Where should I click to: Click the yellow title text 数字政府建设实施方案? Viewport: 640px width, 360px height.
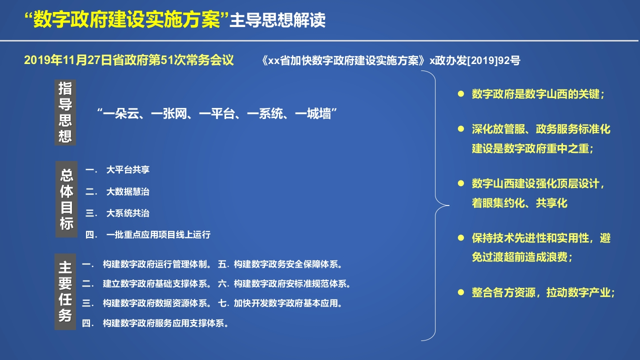pyautogui.click(x=127, y=20)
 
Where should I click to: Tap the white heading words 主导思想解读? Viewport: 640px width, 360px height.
pyautogui.click(x=277, y=20)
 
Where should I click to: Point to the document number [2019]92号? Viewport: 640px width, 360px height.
pyautogui.click(x=493, y=60)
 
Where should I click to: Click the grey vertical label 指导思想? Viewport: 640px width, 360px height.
pyautogui.click(x=65, y=112)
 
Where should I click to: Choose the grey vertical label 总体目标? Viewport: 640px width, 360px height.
pyautogui.click(x=66, y=199)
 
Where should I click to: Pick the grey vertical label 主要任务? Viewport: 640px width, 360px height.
pyautogui.click(x=65, y=291)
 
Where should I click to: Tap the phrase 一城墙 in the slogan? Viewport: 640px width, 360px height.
pyautogui.click(x=313, y=113)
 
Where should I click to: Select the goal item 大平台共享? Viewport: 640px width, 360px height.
pyautogui.click(x=127, y=169)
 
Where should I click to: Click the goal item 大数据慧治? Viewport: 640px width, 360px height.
pyautogui.click(x=127, y=191)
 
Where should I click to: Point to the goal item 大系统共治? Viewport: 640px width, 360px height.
pyautogui.click(x=127, y=213)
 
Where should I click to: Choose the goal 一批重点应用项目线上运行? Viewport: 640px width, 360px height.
pyautogui.click(x=158, y=235)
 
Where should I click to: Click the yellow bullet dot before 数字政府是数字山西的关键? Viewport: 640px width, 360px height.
pyautogui.click(x=461, y=94)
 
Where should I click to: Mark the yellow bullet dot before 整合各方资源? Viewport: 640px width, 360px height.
pyautogui.click(x=461, y=292)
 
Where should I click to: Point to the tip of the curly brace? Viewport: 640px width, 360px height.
pyautogui.click(x=449, y=205)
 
